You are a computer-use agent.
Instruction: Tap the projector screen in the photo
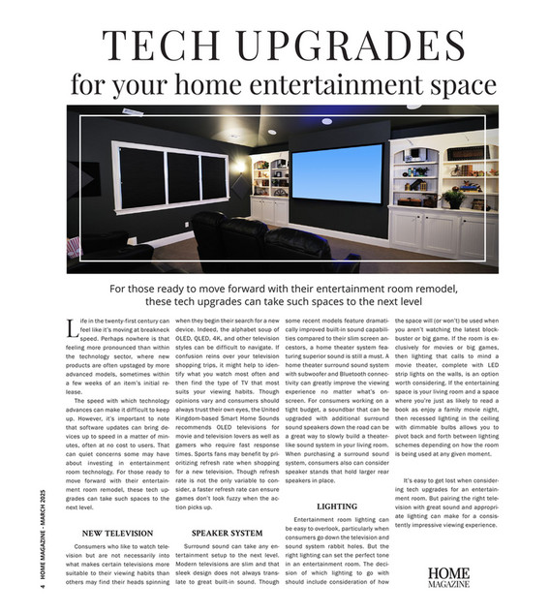pyautogui.click(x=338, y=173)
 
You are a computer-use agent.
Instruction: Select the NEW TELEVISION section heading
pyautogui.click(x=117, y=533)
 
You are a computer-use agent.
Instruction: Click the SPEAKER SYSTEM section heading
pyautogui.click(x=227, y=533)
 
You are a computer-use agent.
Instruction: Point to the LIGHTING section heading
pyautogui.click(x=336, y=507)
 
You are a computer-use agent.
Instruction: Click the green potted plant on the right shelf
pyautogui.click(x=452, y=198)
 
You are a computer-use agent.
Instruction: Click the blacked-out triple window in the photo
pyautogui.click(x=169, y=176)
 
